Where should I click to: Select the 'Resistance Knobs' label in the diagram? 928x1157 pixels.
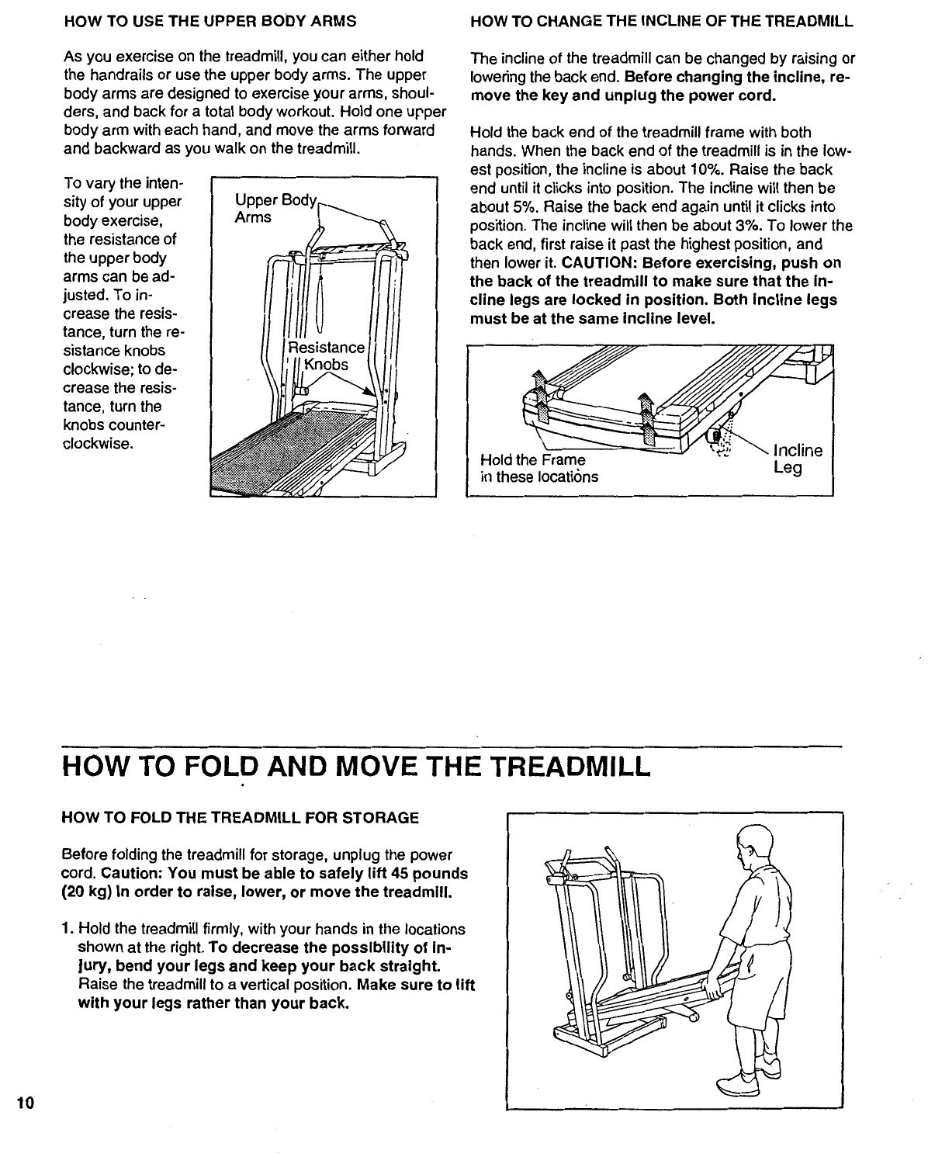[x=325, y=356]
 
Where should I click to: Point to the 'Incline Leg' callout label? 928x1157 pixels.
[x=798, y=459]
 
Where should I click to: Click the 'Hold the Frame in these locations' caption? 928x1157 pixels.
[x=539, y=468]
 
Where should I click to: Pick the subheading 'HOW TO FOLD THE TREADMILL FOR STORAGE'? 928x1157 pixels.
[x=240, y=818]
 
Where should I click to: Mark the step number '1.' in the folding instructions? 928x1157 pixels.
[x=68, y=929]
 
